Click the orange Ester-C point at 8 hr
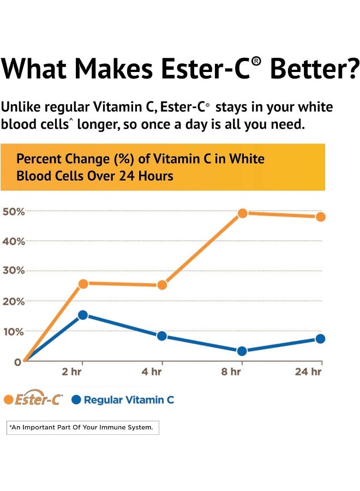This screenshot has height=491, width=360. click(x=242, y=213)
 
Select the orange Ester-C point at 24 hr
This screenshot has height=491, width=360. click(x=321, y=217)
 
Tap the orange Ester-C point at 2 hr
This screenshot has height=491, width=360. click(x=83, y=283)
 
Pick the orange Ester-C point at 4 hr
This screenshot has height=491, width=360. click(x=162, y=285)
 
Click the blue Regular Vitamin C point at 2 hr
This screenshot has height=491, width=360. click(x=83, y=315)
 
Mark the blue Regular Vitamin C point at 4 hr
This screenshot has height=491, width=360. click(x=162, y=336)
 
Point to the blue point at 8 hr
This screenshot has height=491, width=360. click(x=242, y=351)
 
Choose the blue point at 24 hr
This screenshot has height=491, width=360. click(x=321, y=339)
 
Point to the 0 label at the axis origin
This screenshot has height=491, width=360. click(x=18, y=362)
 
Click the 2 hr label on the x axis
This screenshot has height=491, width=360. click(x=73, y=373)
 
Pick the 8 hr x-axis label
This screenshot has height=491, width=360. click(x=231, y=373)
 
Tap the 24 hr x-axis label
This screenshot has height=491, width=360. click(x=308, y=373)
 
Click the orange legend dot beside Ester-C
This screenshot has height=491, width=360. click(x=8, y=400)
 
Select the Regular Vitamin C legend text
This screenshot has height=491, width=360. click(x=129, y=400)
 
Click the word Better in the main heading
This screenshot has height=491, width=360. click(x=315, y=69)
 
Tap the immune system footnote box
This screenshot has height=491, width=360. click(x=81, y=427)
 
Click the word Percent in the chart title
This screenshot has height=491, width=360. click(x=39, y=159)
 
